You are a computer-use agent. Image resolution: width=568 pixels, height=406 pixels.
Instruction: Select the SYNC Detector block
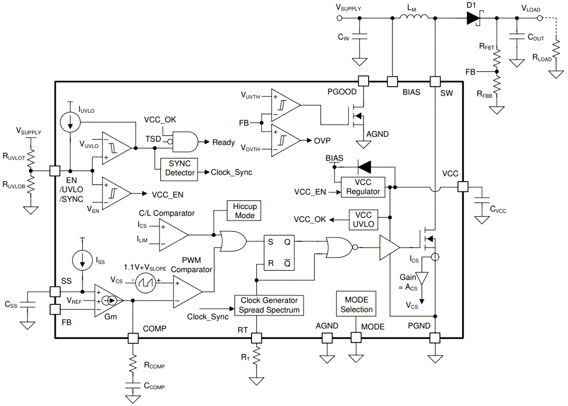[180, 168]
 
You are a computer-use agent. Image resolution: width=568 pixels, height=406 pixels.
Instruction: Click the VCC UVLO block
[364, 219]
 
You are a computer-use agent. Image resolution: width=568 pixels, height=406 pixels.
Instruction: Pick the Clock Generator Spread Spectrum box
[269, 305]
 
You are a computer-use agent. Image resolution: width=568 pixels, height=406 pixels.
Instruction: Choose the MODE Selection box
[356, 304]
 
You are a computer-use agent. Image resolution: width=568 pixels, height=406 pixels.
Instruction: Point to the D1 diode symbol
[473, 18]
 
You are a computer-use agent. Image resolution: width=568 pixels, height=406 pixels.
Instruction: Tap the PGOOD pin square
[364, 81]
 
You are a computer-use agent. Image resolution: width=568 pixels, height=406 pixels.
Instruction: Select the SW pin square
[435, 81]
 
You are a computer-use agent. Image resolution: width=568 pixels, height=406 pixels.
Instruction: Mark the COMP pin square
[133, 338]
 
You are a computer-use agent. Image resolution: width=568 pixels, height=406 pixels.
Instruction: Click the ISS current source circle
[82, 261]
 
